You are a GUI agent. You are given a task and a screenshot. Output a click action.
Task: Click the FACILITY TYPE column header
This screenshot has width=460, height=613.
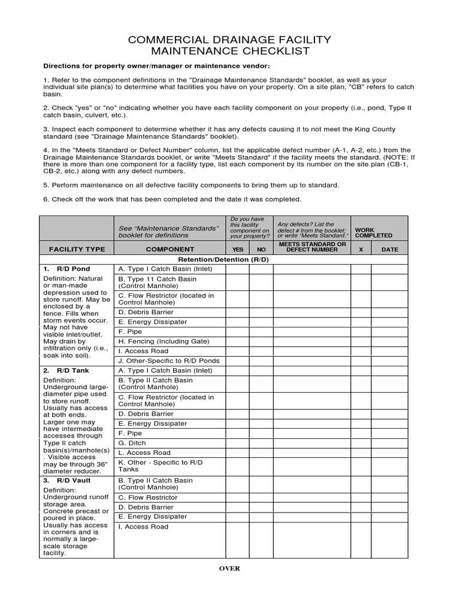[x=77, y=249]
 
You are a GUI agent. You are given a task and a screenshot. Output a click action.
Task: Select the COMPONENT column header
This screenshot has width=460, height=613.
[x=170, y=249]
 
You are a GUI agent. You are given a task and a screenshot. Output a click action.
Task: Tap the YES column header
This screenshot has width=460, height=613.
[x=237, y=250]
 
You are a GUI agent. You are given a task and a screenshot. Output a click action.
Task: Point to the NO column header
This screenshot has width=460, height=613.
[x=261, y=250]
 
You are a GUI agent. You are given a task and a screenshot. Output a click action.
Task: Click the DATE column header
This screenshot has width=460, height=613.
[x=389, y=250]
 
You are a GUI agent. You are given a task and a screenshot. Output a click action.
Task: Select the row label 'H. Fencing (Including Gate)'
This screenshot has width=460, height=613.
[x=164, y=341]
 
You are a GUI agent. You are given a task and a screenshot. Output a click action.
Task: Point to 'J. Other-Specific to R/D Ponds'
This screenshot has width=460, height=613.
[x=169, y=360]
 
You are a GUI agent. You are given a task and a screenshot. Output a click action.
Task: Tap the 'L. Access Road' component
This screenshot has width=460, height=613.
[x=144, y=453]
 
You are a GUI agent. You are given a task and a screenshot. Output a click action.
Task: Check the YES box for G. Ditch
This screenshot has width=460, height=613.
[x=237, y=443]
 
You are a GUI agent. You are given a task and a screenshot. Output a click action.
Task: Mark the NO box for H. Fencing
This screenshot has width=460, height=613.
[x=261, y=341]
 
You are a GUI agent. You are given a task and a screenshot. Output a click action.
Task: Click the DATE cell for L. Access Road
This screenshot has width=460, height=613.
[x=389, y=453]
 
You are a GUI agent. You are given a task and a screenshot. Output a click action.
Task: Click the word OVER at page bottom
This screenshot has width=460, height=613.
[x=229, y=569]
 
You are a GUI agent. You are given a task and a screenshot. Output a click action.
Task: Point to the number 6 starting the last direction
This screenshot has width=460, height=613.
[x=45, y=199]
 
